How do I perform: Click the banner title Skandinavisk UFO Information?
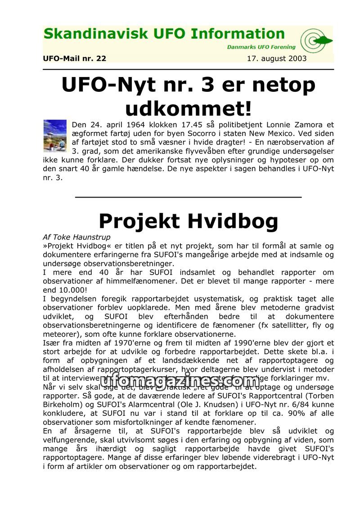[164, 34]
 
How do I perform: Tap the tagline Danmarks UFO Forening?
[261, 47]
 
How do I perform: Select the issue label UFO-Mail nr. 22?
[75, 59]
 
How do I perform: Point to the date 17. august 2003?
[277, 59]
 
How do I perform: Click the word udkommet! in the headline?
[188, 109]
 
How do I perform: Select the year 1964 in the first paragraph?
[126, 125]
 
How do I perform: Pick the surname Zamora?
[309, 125]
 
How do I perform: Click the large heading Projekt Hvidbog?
[188, 221]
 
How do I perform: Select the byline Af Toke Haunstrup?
[76, 237]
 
